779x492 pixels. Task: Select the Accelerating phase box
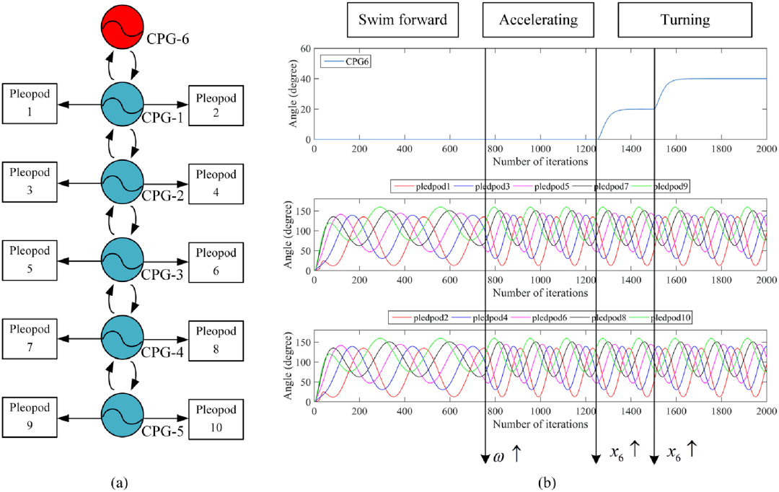tap(538, 19)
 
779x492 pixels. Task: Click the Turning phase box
tap(685, 19)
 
